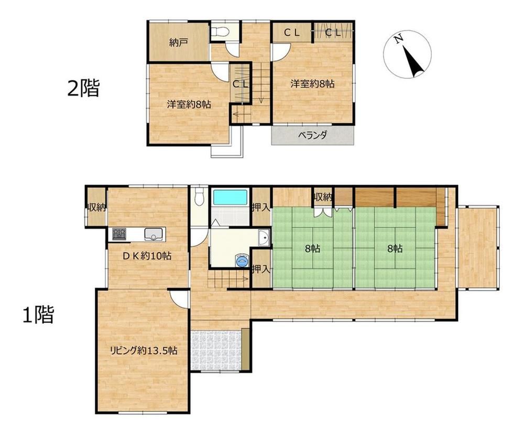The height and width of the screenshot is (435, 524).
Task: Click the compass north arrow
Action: tap(413, 61)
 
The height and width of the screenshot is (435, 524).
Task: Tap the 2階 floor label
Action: tap(83, 88)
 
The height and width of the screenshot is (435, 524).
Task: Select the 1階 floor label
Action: tap(38, 314)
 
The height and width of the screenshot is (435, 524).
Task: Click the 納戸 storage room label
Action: tap(179, 43)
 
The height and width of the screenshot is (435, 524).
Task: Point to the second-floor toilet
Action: tap(220, 32)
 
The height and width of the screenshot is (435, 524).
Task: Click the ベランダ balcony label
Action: tap(312, 135)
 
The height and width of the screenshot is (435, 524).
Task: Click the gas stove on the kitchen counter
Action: tap(119, 234)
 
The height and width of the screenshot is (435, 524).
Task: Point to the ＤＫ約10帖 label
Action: tap(147, 256)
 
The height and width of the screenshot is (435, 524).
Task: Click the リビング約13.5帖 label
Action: tap(144, 351)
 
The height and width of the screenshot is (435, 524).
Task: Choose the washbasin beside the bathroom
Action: tap(264, 238)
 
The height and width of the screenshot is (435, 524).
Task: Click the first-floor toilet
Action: tap(200, 197)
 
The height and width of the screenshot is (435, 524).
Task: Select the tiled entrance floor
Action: tap(216, 351)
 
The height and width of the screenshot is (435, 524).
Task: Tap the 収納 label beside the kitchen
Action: tap(96, 208)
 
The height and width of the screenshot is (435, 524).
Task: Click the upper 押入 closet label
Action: tap(260, 208)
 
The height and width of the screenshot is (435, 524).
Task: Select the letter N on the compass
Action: tap(398, 40)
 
